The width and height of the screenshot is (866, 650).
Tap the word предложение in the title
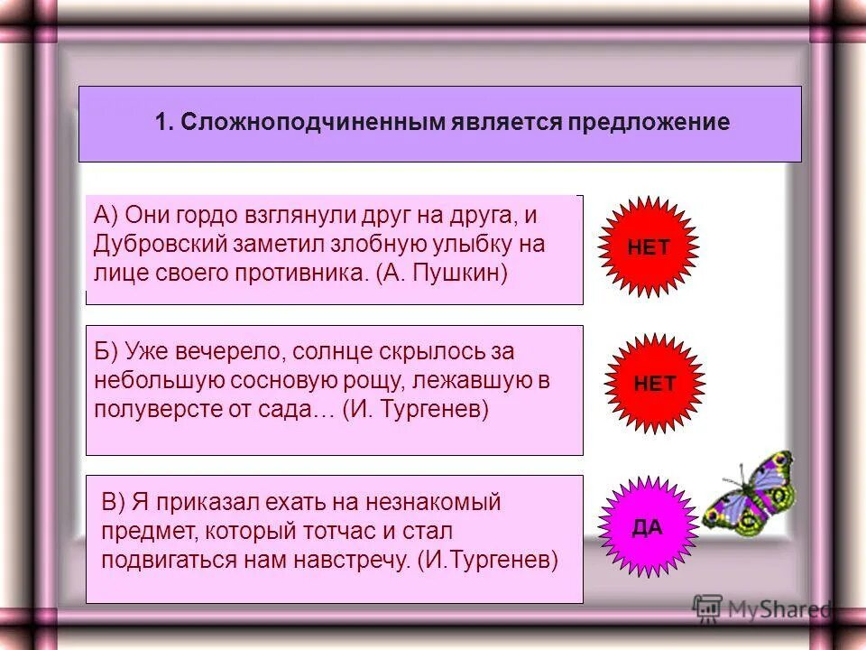click(648, 124)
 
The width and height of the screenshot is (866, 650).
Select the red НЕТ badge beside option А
click(649, 247)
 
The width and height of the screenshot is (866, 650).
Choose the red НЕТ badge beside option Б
click(655, 384)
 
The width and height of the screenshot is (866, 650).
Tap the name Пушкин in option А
click(459, 273)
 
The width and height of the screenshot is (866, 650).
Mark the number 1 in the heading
click(161, 124)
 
